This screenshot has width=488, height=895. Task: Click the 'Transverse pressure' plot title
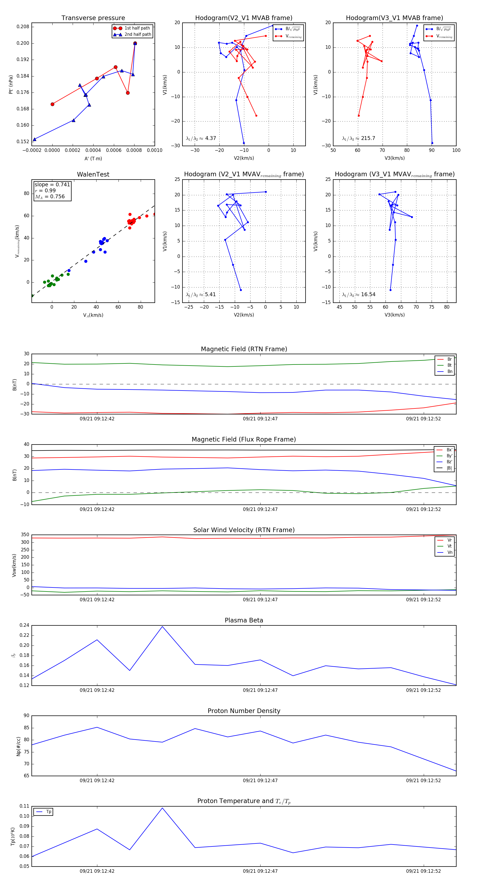pos(93,18)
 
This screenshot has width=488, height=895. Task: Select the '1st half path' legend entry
pos(137,28)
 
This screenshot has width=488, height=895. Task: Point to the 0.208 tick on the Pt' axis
pos(23,27)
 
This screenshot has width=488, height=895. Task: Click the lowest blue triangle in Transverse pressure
pos(34,139)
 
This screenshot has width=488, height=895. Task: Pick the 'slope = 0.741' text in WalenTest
pos(52,184)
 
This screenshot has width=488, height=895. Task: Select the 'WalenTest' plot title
pos(93,174)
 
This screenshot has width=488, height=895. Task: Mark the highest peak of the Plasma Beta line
pos(162,627)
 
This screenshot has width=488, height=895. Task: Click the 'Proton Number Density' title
pos(244,711)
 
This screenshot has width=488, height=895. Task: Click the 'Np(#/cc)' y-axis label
pos(18,746)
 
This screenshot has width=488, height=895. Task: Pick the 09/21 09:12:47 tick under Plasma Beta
pos(260,690)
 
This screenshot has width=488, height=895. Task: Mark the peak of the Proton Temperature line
pos(162,808)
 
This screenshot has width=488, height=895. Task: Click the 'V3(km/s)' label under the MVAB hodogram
pos(394,158)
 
